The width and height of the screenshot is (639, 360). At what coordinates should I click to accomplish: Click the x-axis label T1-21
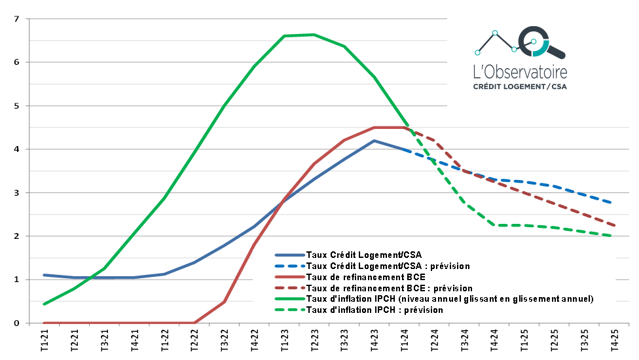click(x=44, y=342)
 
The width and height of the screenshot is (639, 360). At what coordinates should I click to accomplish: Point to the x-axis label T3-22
click(x=225, y=342)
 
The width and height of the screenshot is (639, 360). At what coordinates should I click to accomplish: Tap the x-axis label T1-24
click(x=407, y=342)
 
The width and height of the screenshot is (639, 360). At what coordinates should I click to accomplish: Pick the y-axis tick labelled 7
click(x=16, y=19)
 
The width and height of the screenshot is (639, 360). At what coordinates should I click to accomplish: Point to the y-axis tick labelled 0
click(x=16, y=323)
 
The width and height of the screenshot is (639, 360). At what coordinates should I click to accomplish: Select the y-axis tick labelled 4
click(x=16, y=149)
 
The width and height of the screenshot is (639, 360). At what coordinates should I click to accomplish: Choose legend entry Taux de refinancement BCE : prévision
click(x=390, y=288)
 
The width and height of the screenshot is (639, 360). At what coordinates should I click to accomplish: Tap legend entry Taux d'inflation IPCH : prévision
click(x=374, y=310)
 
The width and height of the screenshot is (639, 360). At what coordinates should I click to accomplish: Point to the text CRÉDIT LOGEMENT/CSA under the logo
click(x=520, y=86)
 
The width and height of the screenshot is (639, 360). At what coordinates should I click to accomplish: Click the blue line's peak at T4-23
click(x=374, y=141)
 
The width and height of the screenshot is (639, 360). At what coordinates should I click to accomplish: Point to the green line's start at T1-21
click(x=44, y=304)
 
